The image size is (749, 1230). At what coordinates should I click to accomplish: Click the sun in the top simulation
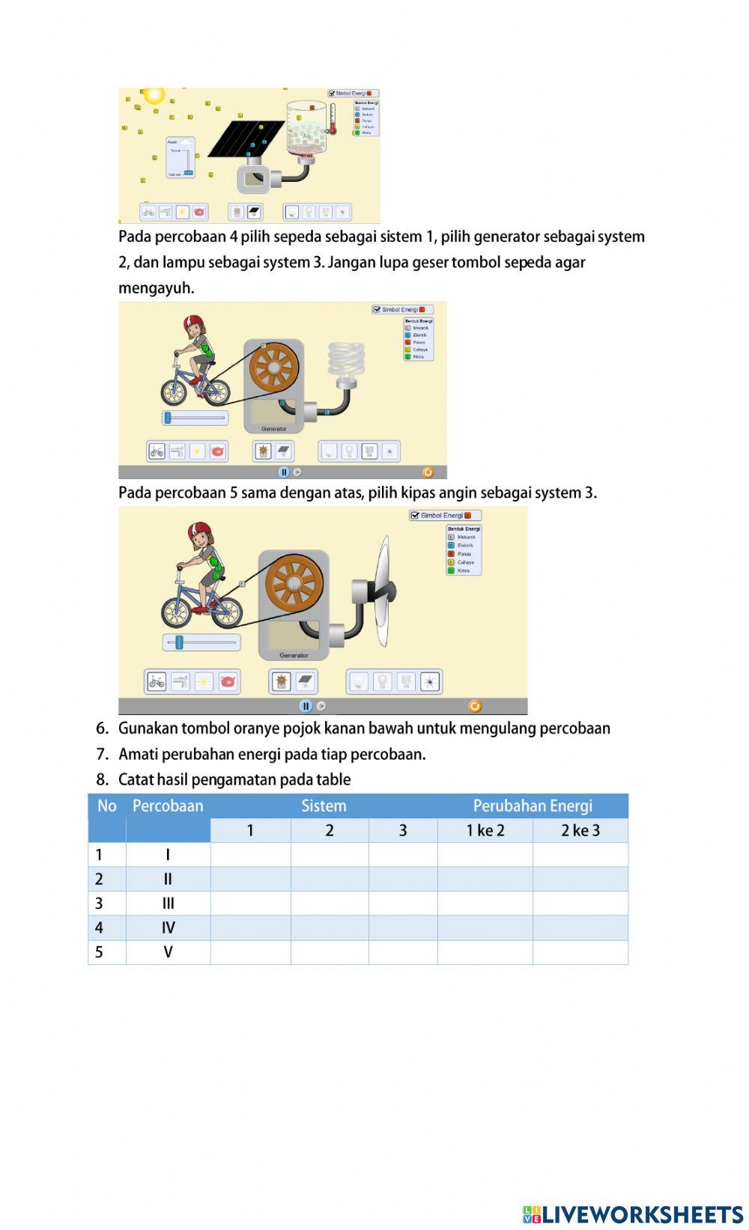coord(154,95)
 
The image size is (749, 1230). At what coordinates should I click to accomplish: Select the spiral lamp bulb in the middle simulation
coord(346,360)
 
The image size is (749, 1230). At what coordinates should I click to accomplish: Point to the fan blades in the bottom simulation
coord(383,591)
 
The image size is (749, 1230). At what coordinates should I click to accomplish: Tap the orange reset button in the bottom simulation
coord(474,706)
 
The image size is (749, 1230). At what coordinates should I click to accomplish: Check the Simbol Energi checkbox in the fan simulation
coord(415,516)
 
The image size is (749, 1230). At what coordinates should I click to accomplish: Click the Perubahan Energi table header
coord(533,806)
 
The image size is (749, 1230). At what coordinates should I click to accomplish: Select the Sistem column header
coord(324,806)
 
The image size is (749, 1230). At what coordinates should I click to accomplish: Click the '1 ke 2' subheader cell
coord(485,830)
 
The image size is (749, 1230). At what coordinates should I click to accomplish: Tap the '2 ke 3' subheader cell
coord(580,830)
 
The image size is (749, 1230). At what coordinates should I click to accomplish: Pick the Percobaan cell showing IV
coord(168,928)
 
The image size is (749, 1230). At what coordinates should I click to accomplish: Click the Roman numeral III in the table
coord(168,904)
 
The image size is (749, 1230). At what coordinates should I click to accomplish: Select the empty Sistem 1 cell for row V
coord(250,952)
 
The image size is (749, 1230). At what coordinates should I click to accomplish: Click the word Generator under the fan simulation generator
coord(294,655)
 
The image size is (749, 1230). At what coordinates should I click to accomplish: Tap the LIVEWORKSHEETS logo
coord(633,1214)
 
